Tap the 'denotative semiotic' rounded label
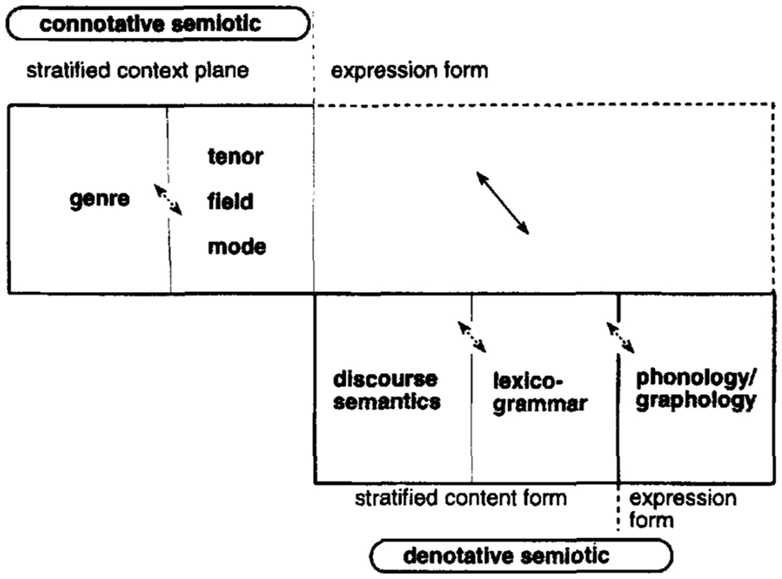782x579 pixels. click(521, 555)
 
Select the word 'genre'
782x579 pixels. click(99, 199)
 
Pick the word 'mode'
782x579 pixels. click(237, 246)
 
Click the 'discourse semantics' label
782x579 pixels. click(386, 391)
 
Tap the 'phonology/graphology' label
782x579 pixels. click(696, 389)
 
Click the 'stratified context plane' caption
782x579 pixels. click(137, 70)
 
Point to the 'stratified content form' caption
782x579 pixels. click(461, 499)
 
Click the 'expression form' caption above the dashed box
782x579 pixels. click(409, 70)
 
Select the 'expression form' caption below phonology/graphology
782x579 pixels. click(683, 509)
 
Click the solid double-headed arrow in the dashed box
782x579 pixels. click(502, 202)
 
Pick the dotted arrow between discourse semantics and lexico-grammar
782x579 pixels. click(472, 336)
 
